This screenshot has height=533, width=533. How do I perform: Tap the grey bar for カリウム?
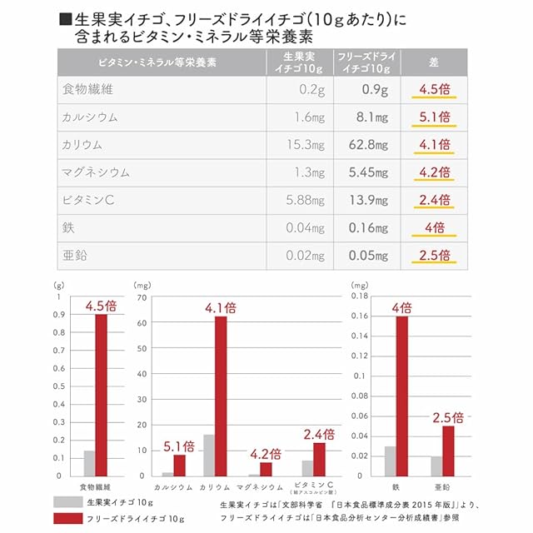[x=208, y=455]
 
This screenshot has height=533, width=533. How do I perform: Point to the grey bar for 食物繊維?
[x=88, y=463]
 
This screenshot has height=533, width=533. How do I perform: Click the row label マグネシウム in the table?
[x=97, y=172]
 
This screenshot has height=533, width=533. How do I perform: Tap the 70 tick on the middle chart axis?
[x=142, y=297]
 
